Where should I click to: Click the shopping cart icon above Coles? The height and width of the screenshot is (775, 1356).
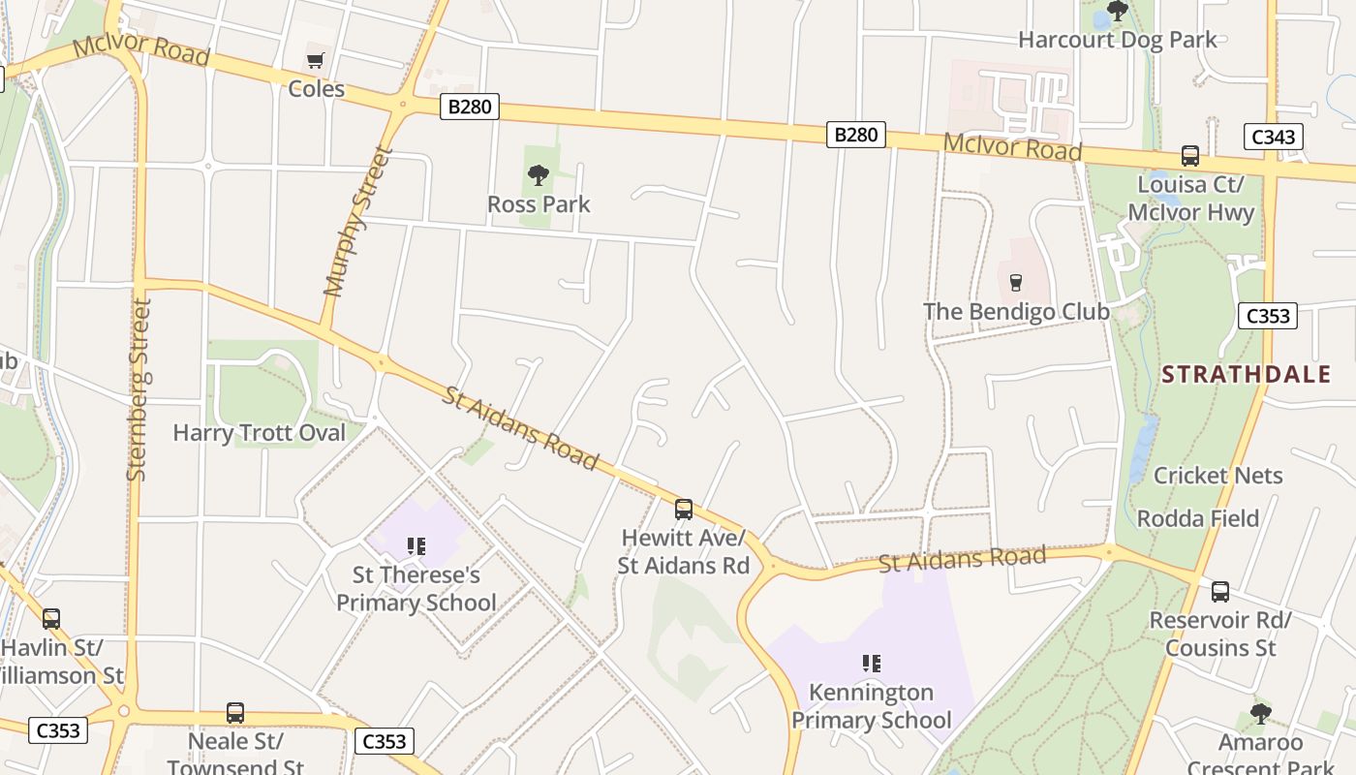tap(315, 61)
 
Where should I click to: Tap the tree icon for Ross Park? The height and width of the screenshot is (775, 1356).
tap(539, 175)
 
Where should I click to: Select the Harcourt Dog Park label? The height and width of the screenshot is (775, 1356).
tap(1117, 40)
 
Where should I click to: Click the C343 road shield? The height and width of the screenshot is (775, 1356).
tap(1273, 137)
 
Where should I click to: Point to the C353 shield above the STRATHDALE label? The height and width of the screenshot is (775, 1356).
tap(1267, 316)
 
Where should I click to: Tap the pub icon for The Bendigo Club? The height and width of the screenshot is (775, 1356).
tap(1015, 283)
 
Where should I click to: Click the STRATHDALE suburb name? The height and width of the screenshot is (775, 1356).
tap(1246, 375)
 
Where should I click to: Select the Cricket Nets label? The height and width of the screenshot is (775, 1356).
tap(1217, 476)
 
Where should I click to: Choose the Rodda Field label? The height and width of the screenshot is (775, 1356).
tap(1197, 518)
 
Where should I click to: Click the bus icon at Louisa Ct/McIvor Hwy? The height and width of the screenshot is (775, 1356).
tap(1189, 156)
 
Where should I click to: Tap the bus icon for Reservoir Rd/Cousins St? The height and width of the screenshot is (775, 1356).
tap(1219, 591)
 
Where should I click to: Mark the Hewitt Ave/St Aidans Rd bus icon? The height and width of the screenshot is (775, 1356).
tap(684, 509)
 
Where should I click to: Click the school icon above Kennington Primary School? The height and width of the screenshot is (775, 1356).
tap(871, 664)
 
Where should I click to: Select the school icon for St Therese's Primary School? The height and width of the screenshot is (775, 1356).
tap(416, 546)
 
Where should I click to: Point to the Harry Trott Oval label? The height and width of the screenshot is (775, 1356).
tap(259, 433)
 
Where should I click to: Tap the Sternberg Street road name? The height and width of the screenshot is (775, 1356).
tap(139, 389)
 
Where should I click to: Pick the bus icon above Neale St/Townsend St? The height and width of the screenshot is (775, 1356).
tap(235, 713)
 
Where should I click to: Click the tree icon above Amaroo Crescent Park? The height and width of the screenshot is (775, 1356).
tap(1259, 715)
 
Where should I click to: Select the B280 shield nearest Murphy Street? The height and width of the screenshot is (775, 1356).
tap(470, 107)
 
